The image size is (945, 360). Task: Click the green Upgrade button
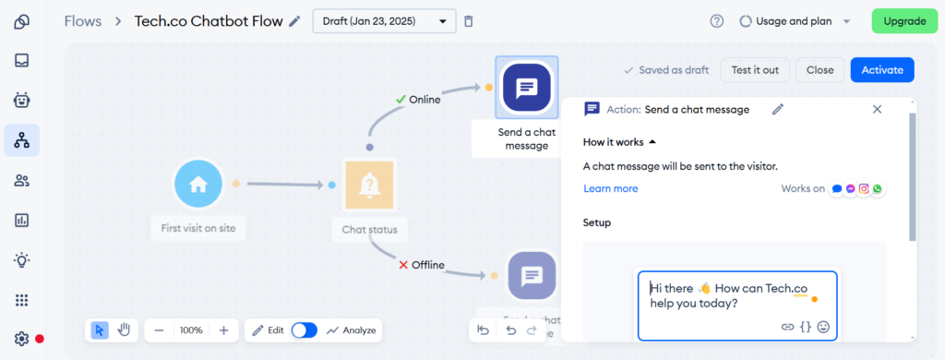click(x=904, y=20)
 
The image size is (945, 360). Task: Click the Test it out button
click(x=755, y=69)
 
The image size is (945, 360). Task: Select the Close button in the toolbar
click(x=819, y=69)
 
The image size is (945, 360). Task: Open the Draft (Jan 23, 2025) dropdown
click(x=384, y=20)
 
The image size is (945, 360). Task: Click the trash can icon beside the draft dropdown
click(x=469, y=20)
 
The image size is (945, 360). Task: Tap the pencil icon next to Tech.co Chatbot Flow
click(x=294, y=20)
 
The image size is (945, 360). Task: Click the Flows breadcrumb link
click(x=83, y=20)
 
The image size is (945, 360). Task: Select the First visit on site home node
click(x=198, y=184)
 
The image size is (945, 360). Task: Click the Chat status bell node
click(x=369, y=185)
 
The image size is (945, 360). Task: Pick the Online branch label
click(x=425, y=100)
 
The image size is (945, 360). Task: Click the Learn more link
click(x=610, y=188)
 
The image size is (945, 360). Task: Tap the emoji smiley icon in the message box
click(x=823, y=326)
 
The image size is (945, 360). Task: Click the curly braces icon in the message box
click(x=806, y=326)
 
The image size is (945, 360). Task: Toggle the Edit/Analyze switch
click(x=304, y=330)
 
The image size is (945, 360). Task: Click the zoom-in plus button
click(x=223, y=330)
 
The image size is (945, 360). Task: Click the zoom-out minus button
click(x=160, y=330)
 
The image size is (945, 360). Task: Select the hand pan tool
click(x=123, y=330)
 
